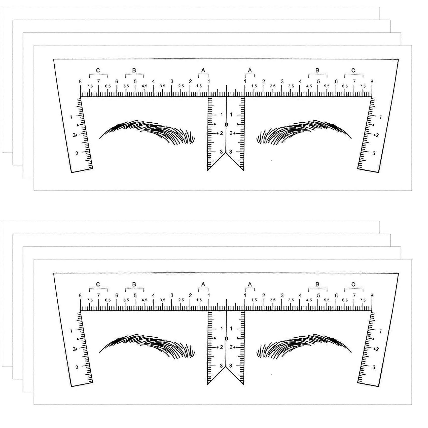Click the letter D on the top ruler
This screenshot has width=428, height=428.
click(x=226, y=125)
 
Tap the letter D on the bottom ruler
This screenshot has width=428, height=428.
click(x=226, y=339)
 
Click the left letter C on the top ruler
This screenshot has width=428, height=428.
click(x=98, y=70)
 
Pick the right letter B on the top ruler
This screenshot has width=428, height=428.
click(x=317, y=70)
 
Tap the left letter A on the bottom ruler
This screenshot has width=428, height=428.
click(x=203, y=284)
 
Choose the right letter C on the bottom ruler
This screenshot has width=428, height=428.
click(x=353, y=284)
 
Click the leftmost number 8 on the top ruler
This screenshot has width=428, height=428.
click(x=80, y=82)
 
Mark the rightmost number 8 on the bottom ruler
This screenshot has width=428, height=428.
click(x=372, y=296)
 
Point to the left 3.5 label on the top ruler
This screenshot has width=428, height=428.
click(x=162, y=86)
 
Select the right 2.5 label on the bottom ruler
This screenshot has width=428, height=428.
click(x=273, y=300)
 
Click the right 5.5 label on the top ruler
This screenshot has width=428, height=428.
click(x=327, y=86)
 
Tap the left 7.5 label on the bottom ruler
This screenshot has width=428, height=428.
click(x=90, y=300)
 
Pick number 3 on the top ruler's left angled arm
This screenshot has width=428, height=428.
click(x=77, y=153)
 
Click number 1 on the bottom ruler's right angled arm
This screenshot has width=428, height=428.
click(x=380, y=331)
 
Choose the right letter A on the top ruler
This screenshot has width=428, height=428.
click(x=250, y=70)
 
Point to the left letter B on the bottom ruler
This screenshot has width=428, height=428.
click(x=134, y=284)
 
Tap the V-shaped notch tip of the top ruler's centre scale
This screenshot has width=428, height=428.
click(x=226, y=153)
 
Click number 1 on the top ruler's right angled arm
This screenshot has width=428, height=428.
click(x=380, y=117)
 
